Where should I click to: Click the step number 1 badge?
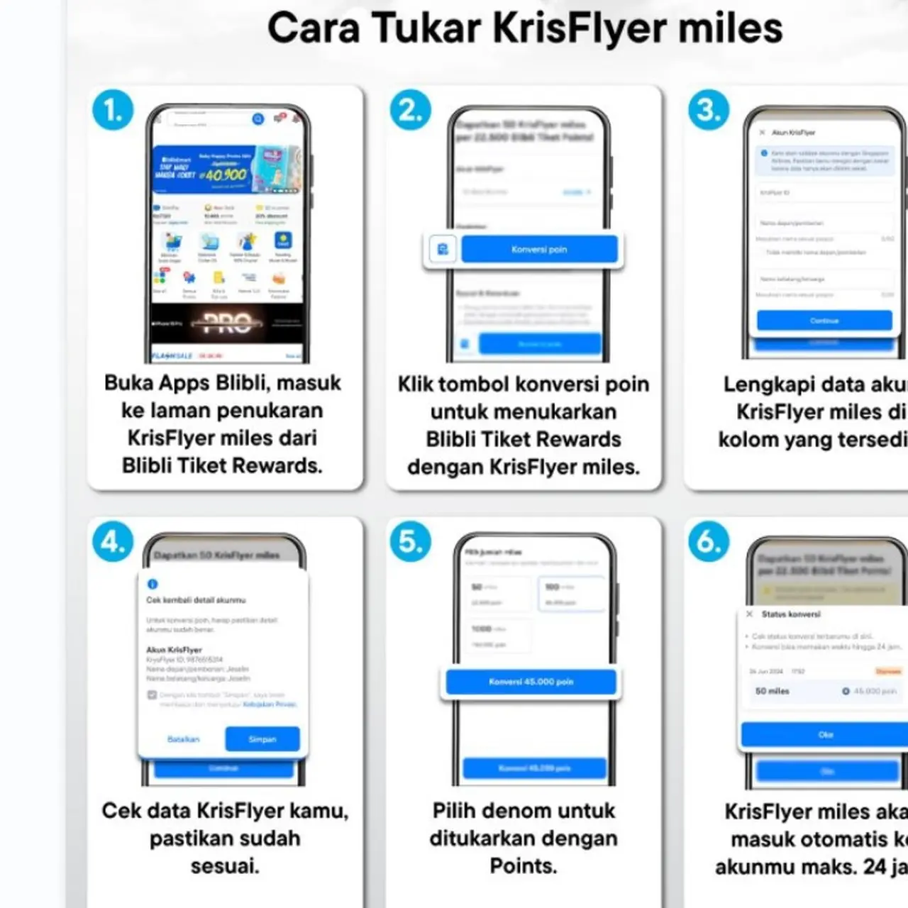point(113,110)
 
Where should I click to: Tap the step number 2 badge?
point(410,110)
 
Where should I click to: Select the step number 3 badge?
point(709,110)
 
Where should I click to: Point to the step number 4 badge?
point(113,541)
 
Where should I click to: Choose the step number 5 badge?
point(410,541)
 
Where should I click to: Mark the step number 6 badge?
point(709,541)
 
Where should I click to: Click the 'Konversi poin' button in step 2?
point(539,249)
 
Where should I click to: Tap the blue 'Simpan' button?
point(262,738)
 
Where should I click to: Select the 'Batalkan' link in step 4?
point(183,738)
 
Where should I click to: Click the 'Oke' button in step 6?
point(825,734)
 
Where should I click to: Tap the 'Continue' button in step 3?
point(824,321)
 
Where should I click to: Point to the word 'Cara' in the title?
point(314,28)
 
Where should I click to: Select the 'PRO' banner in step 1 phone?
point(227,323)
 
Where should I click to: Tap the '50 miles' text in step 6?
point(772,690)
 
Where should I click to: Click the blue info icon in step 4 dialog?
point(152,584)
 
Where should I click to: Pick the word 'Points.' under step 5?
point(524,865)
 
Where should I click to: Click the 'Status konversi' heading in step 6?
point(790,614)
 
